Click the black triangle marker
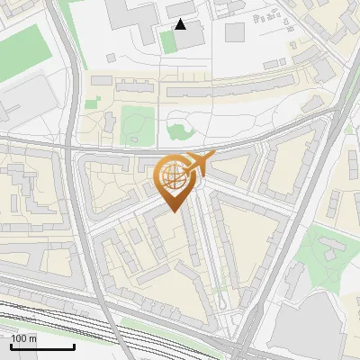(x=181, y=24)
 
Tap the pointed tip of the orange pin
(x=171, y=212)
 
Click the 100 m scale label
(x=23, y=338)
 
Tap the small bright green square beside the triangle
(x=166, y=40)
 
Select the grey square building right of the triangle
(x=234, y=32)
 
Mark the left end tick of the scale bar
(x=11, y=346)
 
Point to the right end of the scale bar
(x=74, y=346)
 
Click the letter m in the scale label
(x=32, y=338)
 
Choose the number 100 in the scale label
(x=19, y=338)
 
